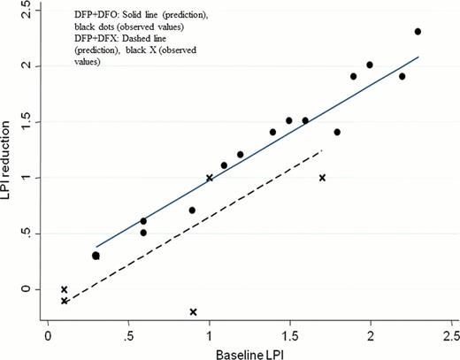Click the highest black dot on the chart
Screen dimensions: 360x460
click(418, 32)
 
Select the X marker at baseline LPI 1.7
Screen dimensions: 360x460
click(322, 178)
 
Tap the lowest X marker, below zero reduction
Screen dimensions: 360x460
click(193, 311)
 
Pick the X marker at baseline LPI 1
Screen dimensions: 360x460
click(209, 178)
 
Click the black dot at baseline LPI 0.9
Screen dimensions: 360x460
click(192, 211)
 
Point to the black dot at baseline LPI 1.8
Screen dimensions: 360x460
click(337, 132)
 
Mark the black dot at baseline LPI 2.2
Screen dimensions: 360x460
click(402, 76)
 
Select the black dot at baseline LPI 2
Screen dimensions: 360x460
click(370, 65)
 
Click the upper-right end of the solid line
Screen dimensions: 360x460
click(418, 57)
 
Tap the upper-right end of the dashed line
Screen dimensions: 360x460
click(323, 151)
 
